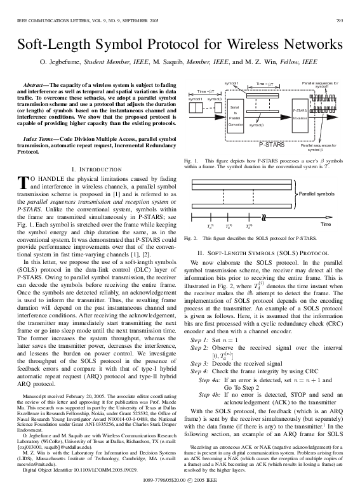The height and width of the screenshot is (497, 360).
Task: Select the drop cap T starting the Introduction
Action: pyautogui.click(x=23, y=183)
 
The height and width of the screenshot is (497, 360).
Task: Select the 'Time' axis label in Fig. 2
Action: pyautogui.click(x=325, y=225)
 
